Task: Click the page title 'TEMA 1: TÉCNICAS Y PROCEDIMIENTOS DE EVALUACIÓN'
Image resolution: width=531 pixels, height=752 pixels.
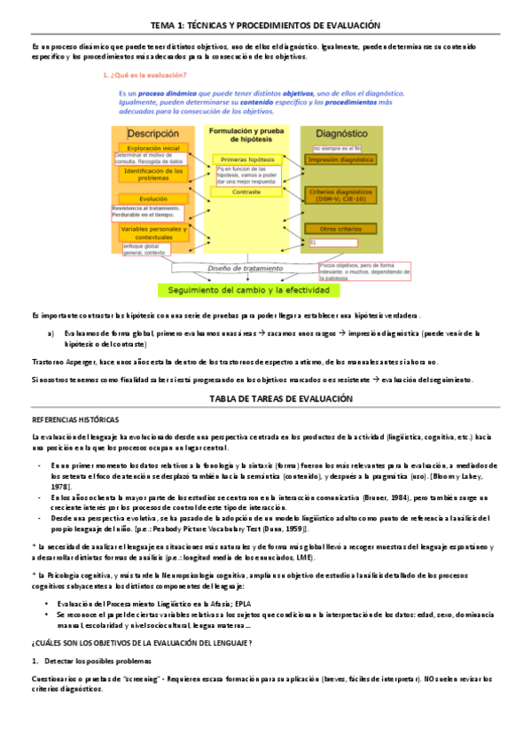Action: click(266, 27)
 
